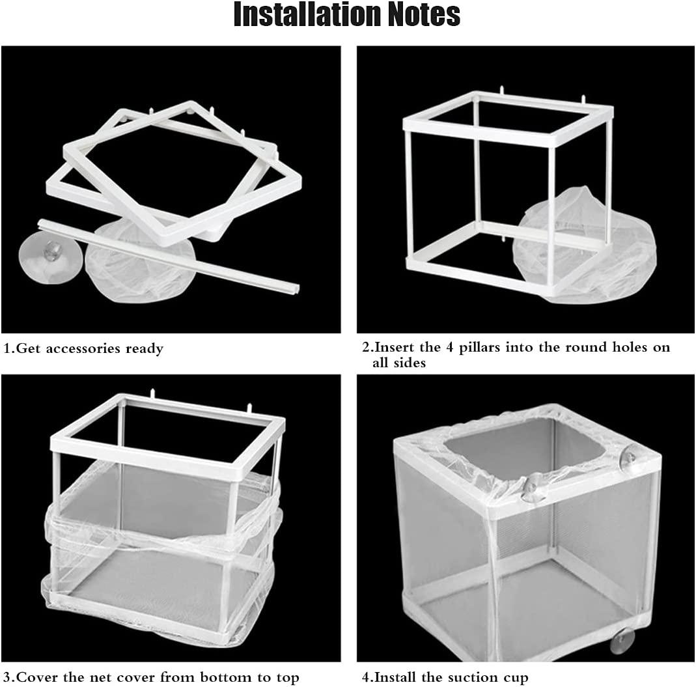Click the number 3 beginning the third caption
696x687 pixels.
[x=7, y=677]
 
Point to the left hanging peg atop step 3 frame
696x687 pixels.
[x=152, y=395]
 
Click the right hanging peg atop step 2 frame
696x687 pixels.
[x=583, y=100]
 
